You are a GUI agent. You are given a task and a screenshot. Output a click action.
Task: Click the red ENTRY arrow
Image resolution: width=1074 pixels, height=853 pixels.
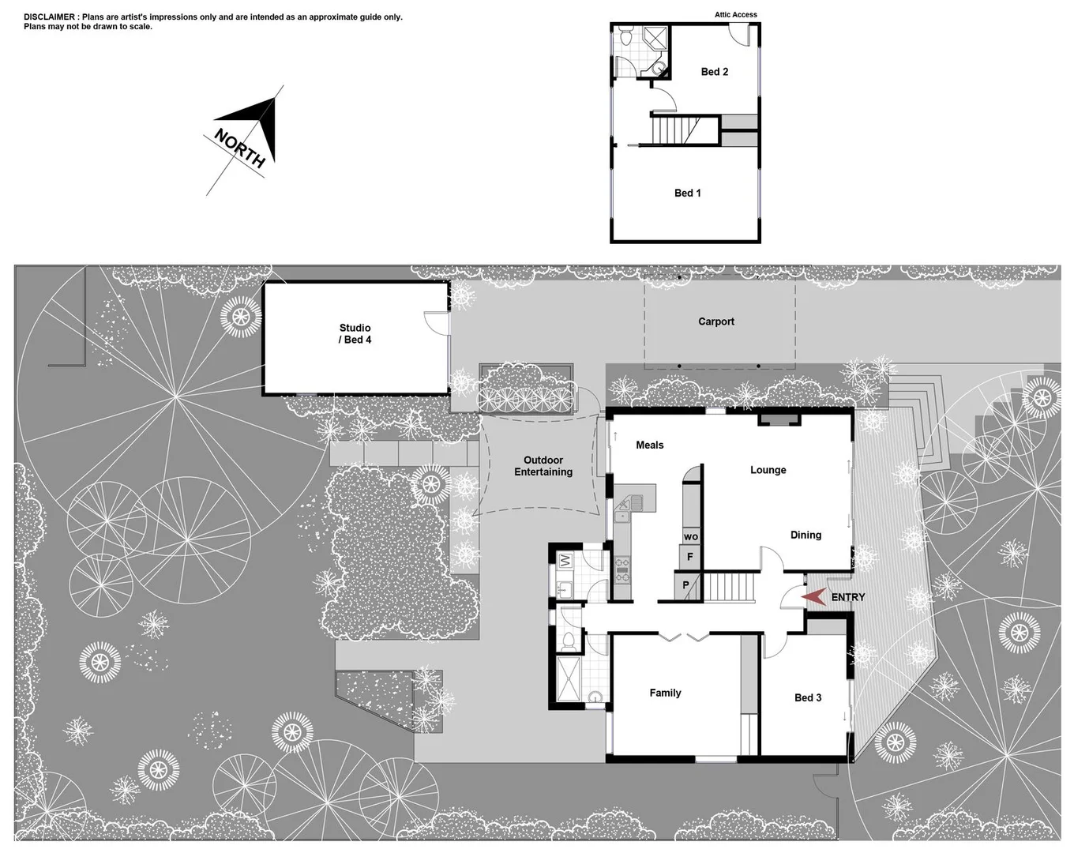coord(814,597)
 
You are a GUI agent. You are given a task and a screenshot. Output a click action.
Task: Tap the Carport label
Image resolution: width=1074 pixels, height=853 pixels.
coord(715,321)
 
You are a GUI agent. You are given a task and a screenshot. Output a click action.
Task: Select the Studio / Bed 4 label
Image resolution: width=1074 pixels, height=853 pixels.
coord(355,333)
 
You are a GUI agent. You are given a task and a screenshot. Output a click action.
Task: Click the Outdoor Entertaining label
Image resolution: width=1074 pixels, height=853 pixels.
coord(543,466)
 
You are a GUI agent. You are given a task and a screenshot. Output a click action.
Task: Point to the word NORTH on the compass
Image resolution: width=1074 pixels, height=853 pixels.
coord(239,148)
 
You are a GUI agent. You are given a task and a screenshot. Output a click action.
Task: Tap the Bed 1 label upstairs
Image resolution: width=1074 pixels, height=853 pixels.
coord(687,193)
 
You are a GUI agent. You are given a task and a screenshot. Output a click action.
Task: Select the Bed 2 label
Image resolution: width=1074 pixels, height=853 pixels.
coord(714,72)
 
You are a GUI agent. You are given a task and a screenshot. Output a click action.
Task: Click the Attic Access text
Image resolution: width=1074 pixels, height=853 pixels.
coord(735,15)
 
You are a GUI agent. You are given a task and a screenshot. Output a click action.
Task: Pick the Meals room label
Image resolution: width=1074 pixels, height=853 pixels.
coord(649,445)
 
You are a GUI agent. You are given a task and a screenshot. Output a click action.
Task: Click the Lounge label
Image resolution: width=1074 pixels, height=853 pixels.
coord(768,470)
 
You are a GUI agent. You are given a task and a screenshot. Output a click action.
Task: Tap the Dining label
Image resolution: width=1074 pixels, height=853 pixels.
coord(805,535)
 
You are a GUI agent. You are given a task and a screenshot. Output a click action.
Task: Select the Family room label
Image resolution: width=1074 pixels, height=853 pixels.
coord(665,693)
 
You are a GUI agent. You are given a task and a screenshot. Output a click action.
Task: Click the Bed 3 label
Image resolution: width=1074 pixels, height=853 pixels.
coord(807,697)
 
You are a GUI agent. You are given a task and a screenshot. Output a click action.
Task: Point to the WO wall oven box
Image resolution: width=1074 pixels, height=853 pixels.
coord(691,537)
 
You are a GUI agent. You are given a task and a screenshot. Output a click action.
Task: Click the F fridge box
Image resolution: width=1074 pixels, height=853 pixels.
coord(690,557)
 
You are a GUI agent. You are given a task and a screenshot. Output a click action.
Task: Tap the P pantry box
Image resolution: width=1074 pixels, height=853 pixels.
coord(685,585)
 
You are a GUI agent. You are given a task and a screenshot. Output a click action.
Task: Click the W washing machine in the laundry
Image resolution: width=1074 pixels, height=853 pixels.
coord(565,561)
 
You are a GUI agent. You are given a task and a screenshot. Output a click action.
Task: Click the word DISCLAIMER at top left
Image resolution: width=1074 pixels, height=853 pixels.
coord(50,17)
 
